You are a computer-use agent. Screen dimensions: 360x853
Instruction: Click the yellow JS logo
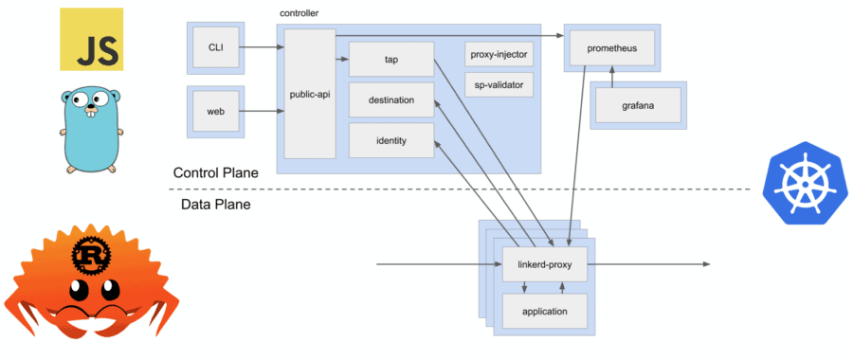click(x=91, y=39)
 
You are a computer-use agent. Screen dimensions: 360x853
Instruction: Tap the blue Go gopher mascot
click(x=91, y=128)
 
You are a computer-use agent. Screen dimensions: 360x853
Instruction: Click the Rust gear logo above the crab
click(x=91, y=254)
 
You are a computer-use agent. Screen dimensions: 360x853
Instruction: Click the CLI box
click(x=215, y=46)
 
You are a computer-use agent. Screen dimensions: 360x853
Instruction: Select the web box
click(x=215, y=111)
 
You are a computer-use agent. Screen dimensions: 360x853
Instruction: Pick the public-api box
click(x=310, y=94)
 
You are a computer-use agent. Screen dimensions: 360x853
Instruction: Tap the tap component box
click(x=390, y=59)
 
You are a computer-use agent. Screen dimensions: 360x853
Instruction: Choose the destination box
click(x=390, y=100)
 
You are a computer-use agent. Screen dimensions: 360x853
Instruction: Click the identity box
click(x=390, y=141)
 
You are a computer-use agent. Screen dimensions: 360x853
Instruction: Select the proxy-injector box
click(x=499, y=54)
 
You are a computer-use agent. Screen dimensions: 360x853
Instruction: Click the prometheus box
click(x=611, y=46)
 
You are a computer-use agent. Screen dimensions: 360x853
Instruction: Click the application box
click(x=544, y=311)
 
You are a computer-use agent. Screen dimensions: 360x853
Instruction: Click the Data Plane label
click(x=215, y=205)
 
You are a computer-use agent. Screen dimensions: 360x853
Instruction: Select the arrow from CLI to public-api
click(x=259, y=46)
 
